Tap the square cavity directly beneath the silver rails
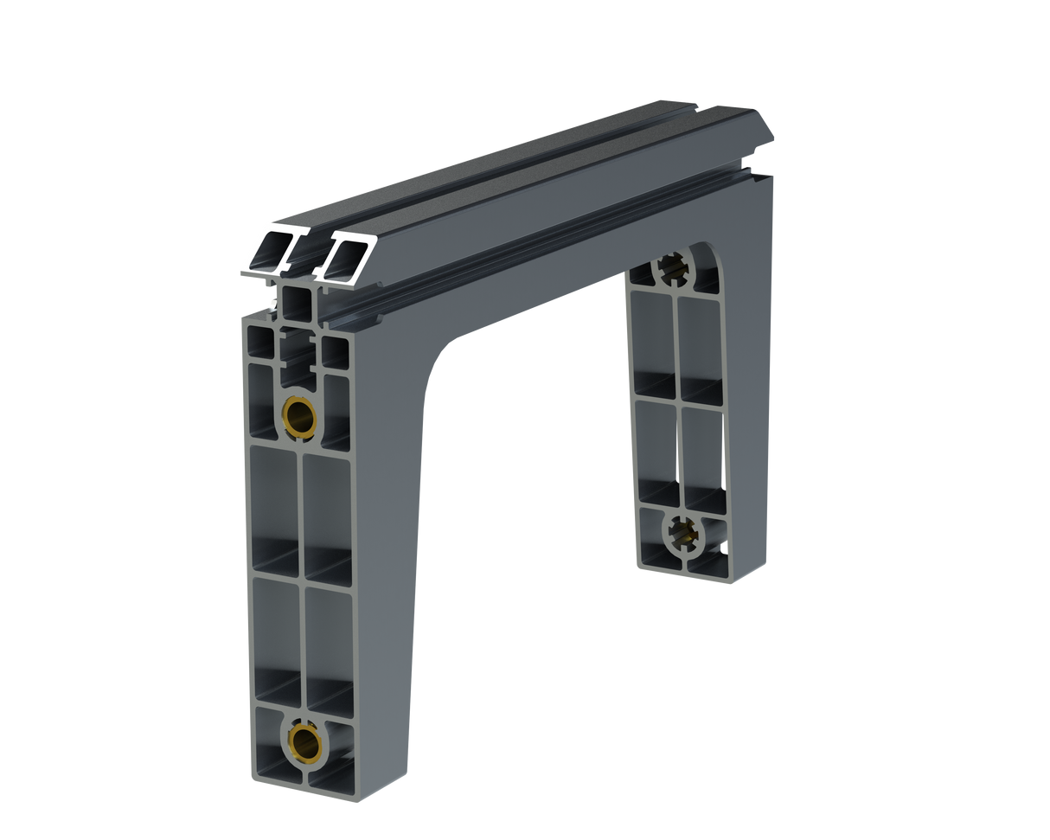tap(297, 302)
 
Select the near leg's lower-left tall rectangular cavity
tap(277, 636)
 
